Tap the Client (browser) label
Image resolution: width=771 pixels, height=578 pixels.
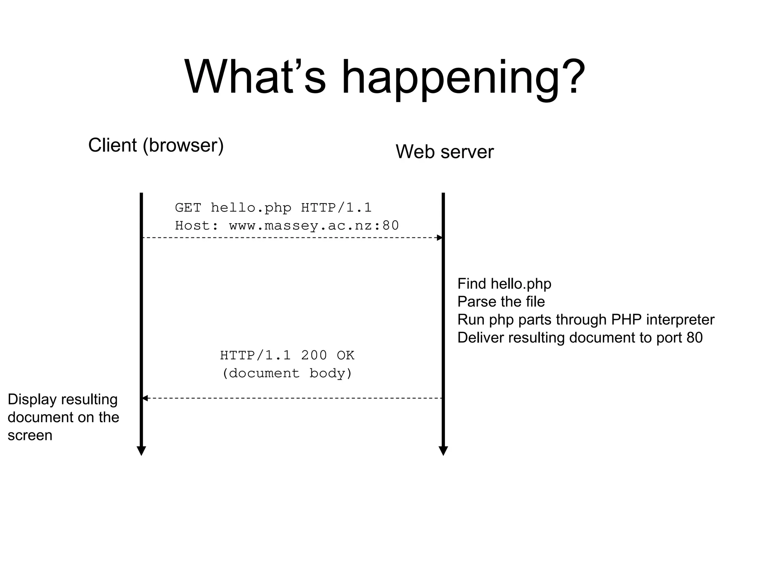point(156,145)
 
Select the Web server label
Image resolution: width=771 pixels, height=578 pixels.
point(444,152)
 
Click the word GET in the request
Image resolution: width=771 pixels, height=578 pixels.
point(188,208)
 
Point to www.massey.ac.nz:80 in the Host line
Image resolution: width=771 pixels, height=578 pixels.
point(314,226)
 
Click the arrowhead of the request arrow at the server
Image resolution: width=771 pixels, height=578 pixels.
point(439,237)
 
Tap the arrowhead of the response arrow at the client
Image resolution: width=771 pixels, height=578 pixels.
point(145,398)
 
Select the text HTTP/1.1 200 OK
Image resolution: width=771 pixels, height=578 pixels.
point(287,355)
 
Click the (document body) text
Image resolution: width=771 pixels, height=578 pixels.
point(287,373)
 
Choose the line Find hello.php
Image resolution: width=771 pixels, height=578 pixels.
point(504,284)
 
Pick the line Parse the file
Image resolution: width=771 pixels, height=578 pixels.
point(501,302)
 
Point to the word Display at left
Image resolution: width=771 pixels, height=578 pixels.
point(32,400)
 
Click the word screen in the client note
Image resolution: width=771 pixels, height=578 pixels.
point(30,435)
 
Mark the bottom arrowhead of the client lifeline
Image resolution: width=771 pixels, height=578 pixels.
point(141,451)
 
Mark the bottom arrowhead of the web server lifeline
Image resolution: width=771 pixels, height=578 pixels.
point(443,451)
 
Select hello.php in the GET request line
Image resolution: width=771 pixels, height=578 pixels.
point(251,208)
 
